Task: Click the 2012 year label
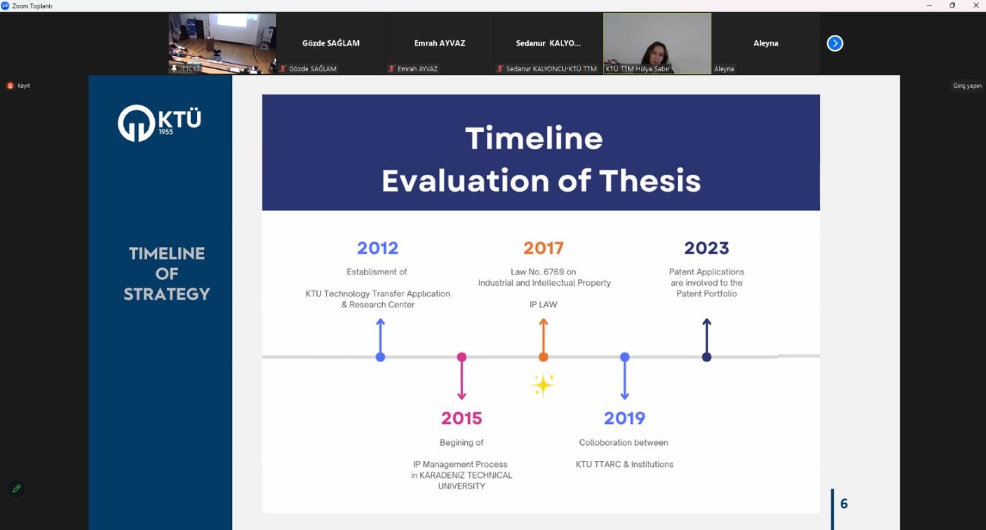coord(378,249)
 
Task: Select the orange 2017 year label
coord(543,249)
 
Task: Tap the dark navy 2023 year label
coord(707,249)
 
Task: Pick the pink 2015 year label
coord(462,418)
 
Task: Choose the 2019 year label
coord(624,418)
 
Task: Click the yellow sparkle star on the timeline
coord(543,384)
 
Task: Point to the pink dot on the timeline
coord(462,357)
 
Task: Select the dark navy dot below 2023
coord(707,357)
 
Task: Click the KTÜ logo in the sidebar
coord(160,123)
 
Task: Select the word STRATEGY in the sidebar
coord(166,294)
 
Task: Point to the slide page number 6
coord(844,503)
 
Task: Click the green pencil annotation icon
coord(16,489)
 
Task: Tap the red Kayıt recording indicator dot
coord(10,86)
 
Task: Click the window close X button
coord(976,5)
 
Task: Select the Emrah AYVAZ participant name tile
coord(440,43)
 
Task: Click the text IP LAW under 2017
coord(543,305)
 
